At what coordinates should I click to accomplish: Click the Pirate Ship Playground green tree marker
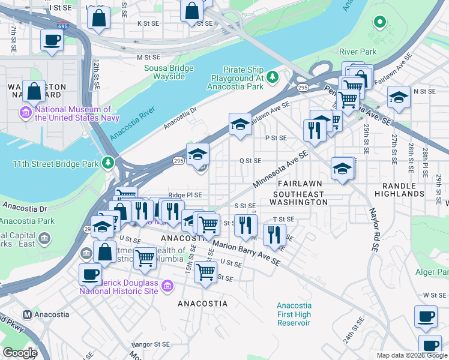[273, 76]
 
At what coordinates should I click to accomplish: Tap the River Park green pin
[379, 23]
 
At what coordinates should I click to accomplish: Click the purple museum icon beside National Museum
[26, 112]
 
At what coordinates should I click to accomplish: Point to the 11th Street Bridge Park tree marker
[108, 163]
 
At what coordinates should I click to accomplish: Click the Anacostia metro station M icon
[26, 314]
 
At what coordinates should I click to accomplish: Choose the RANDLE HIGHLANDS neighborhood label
[399, 189]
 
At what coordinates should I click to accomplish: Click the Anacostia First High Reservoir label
[294, 314]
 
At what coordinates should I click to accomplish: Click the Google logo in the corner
[20, 352]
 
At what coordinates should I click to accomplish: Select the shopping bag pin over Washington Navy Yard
[34, 92]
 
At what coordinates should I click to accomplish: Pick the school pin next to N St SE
[398, 97]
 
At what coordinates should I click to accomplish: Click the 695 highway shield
[62, 26]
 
